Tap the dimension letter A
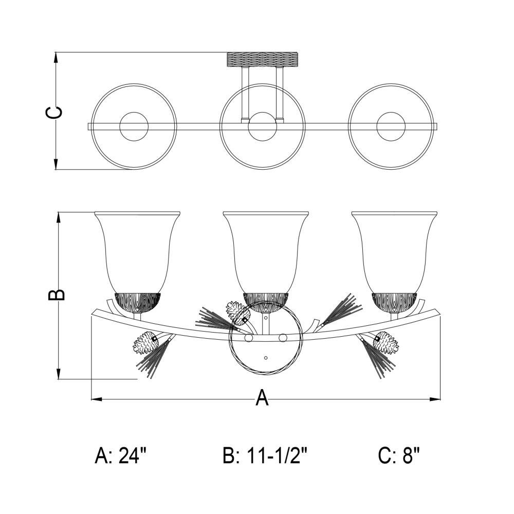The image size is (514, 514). tap(262, 397)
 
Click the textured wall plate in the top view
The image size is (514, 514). tap(263, 59)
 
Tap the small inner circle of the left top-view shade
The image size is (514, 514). tap(134, 126)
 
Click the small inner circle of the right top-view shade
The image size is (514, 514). tap(391, 126)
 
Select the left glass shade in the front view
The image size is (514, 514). tap(137, 252)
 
